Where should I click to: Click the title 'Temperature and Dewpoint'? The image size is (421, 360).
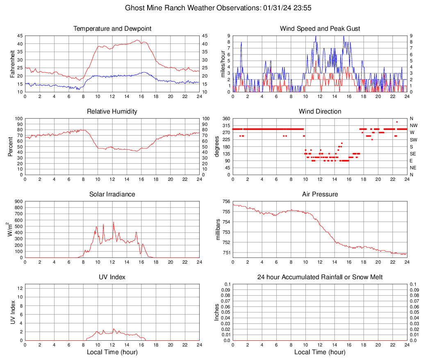pyautogui.click(x=112, y=29)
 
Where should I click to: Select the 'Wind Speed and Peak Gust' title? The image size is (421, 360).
pyautogui.click(x=320, y=29)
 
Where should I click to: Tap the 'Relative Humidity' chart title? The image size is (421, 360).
pyautogui.click(x=112, y=112)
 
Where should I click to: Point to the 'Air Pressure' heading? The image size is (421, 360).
pyautogui.click(x=320, y=194)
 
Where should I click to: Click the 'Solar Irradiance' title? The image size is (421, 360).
pyautogui.click(x=112, y=194)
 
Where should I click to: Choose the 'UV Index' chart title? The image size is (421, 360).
pyautogui.click(x=112, y=277)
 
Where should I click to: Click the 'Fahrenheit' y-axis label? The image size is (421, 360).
pyautogui.click(x=12, y=64)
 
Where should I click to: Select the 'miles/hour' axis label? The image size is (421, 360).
pyautogui.click(x=223, y=64)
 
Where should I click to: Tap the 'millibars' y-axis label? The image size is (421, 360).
pyautogui.click(x=218, y=230)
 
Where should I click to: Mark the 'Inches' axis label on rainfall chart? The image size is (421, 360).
pyautogui.click(x=217, y=312)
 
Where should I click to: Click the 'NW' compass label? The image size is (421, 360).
pyautogui.click(x=414, y=125)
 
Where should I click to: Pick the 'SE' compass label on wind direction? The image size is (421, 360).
pyautogui.click(x=413, y=154)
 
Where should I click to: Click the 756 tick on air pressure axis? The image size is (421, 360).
pyautogui.click(x=225, y=201)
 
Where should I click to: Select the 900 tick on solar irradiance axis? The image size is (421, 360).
pyautogui.click(x=18, y=201)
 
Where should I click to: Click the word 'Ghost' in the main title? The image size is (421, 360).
pyautogui.click(x=135, y=8)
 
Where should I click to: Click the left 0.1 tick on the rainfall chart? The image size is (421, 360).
pyautogui.click(x=227, y=284)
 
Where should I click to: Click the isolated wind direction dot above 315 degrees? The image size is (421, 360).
pyautogui.click(x=397, y=122)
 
